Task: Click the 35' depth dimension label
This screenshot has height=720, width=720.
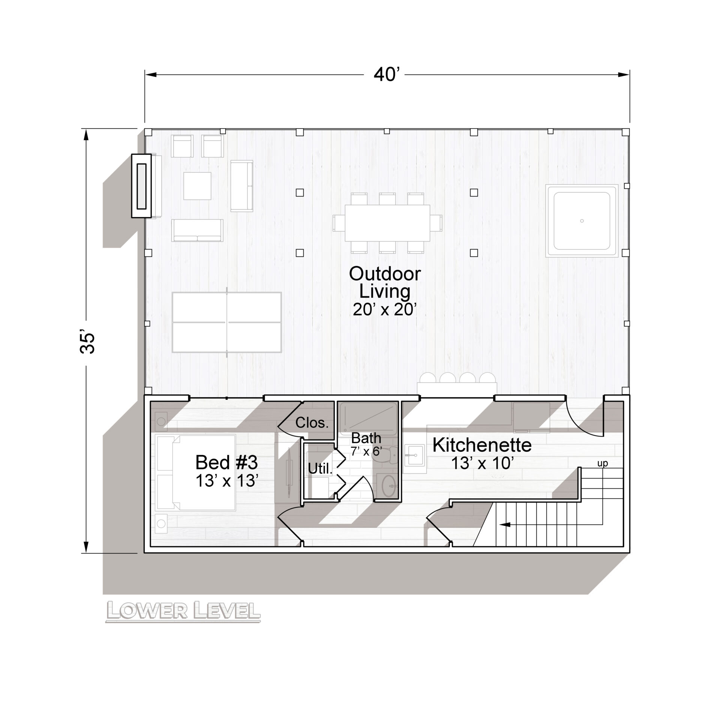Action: pyautogui.click(x=88, y=342)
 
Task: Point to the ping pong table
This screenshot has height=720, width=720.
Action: pyautogui.click(x=226, y=322)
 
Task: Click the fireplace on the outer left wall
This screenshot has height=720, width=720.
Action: pyautogui.click(x=141, y=186)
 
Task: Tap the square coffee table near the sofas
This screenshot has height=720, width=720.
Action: pyautogui.click(x=197, y=186)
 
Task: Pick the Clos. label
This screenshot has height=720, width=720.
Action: pyautogui.click(x=312, y=423)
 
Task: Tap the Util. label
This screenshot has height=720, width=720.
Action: pyautogui.click(x=321, y=468)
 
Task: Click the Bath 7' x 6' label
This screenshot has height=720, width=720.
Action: pyautogui.click(x=366, y=444)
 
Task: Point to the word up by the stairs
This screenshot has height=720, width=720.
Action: pyautogui.click(x=603, y=464)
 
